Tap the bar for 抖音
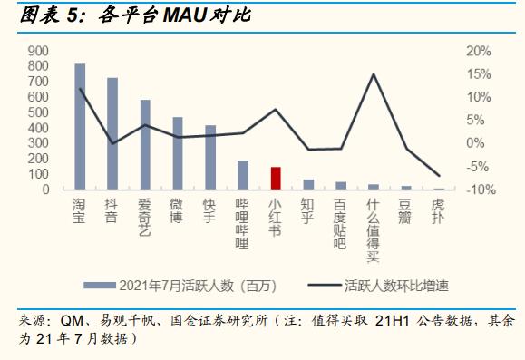(x=112, y=134)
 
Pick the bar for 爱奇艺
(x=145, y=145)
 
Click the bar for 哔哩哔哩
(x=243, y=175)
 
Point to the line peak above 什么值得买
(x=374, y=74)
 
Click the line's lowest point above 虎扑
(x=439, y=175)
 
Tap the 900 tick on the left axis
(x=38, y=51)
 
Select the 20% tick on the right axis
(x=479, y=51)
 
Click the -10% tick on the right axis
(x=477, y=190)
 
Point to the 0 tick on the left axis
(x=44, y=190)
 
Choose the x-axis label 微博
(x=178, y=212)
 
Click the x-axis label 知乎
(x=308, y=212)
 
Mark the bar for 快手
(x=210, y=158)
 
